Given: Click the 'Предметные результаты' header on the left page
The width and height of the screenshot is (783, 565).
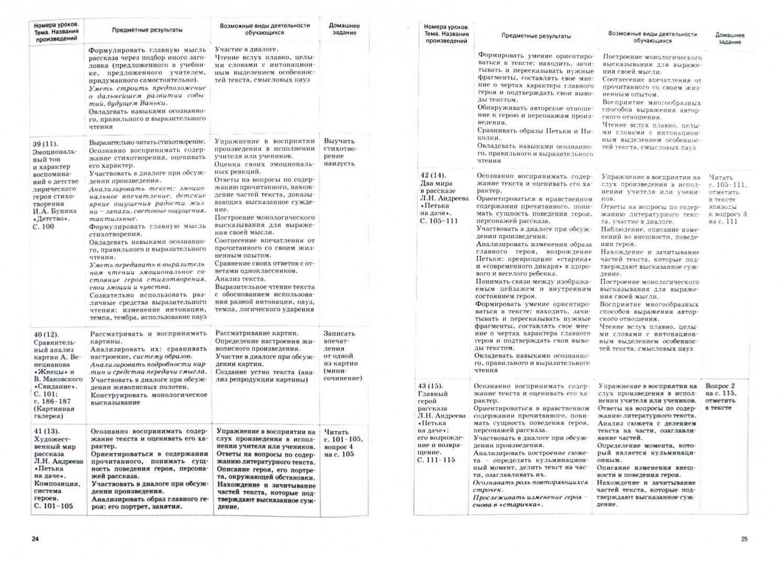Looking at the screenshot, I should [147, 30].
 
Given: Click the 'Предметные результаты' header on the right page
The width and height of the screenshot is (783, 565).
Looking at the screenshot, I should [536, 36].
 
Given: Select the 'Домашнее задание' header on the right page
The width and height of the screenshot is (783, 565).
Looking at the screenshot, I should [730, 38].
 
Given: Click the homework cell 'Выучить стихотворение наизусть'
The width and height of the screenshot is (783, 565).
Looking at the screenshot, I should [339, 152].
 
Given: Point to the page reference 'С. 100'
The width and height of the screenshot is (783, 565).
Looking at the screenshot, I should [43, 226].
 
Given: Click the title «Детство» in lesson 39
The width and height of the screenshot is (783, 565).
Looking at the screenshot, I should [53, 219].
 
